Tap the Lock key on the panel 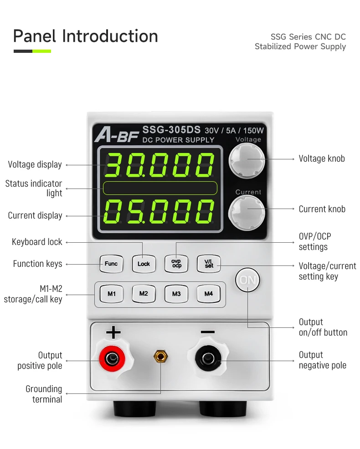click(x=144, y=264)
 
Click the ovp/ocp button click(x=176, y=264)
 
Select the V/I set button click(x=209, y=264)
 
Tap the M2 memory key click(x=144, y=294)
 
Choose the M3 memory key click(x=176, y=294)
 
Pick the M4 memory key click(x=209, y=294)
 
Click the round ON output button click(x=247, y=280)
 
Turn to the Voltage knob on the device click(x=247, y=159)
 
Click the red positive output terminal click(x=111, y=360)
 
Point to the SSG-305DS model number click(x=171, y=129)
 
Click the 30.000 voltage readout click(x=159, y=164)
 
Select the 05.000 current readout click(x=159, y=212)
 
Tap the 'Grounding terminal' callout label click(x=44, y=394)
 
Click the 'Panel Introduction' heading click(x=86, y=36)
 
